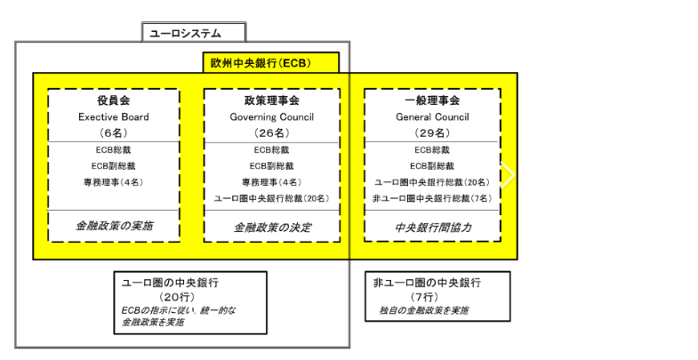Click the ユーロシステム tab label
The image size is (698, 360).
tap(185, 34)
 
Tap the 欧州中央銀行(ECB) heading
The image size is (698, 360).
tap(261, 63)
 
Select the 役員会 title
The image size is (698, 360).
tap(114, 100)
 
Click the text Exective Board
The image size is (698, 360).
tap(114, 117)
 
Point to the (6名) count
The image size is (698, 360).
tap(114, 132)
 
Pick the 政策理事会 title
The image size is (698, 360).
tap(271, 100)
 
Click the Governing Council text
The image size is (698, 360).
tap(271, 117)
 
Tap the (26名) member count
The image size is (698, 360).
tap(271, 132)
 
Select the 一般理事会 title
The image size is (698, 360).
tap(432, 100)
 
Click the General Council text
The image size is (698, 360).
tap(432, 117)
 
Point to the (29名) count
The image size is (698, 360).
tap(432, 132)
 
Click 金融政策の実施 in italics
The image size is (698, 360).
tap(114, 226)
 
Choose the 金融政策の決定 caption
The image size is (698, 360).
tap(272, 228)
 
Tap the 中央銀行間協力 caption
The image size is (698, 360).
tap(433, 228)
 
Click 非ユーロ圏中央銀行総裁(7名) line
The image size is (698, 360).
tap(432, 198)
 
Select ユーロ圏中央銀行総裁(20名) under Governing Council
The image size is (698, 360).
tap(271, 198)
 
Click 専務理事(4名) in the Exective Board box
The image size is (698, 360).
tap(114, 182)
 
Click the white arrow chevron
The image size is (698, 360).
tap(508, 175)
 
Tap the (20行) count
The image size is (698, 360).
tap(177, 297)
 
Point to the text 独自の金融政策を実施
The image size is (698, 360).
tap(423, 310)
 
